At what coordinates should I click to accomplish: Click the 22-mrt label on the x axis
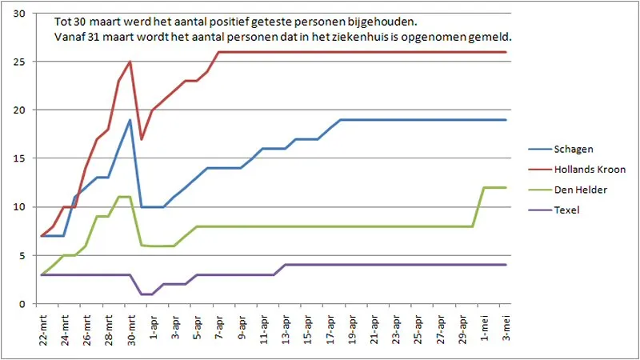coord(42,328)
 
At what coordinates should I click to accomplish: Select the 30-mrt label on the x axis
coord(130,328)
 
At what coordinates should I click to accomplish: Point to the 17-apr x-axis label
coord(330,328)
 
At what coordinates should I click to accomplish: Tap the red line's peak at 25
coord(130,62)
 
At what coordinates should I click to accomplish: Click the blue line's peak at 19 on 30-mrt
coord(130,120)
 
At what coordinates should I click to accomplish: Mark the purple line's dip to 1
coord(146,294)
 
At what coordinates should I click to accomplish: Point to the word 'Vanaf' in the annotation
coord(70,37)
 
